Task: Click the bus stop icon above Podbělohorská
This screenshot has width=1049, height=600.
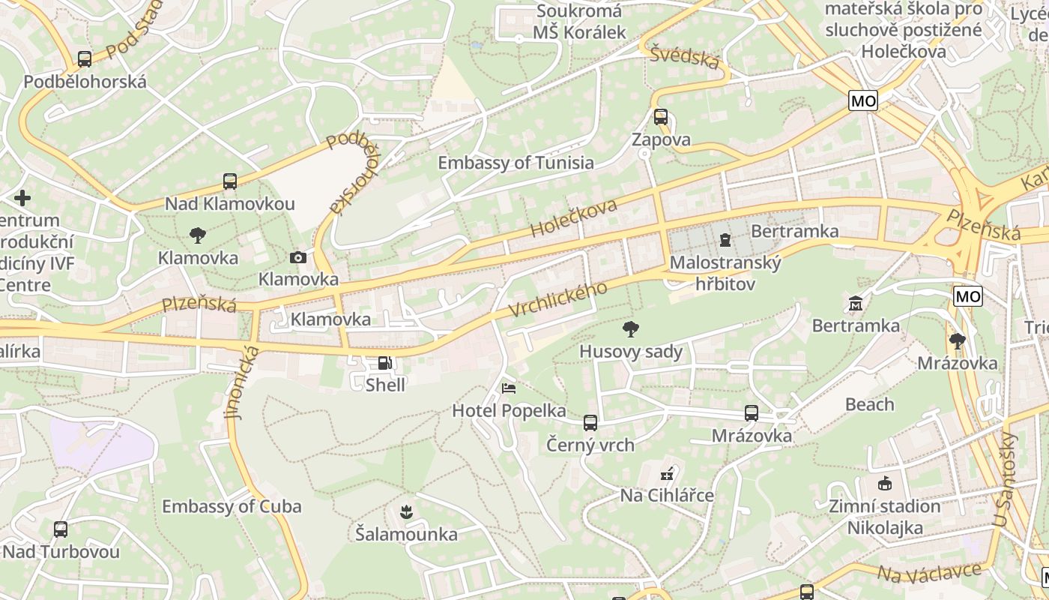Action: point(85,59)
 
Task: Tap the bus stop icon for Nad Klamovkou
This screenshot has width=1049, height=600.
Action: point(230,181)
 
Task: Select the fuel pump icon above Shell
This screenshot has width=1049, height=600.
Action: point(384,363)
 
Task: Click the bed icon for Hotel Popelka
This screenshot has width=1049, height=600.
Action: point(509,388)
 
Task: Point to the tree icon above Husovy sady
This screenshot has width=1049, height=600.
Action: point(631,328)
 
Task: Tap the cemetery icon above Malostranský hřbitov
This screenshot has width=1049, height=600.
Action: point(725,240)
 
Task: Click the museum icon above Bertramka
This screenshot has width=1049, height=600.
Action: point(856,304)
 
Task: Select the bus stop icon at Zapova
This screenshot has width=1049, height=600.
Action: point(660,117)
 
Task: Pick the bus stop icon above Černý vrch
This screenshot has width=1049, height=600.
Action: point(590,423)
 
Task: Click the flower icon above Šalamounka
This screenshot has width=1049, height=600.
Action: point(406,512)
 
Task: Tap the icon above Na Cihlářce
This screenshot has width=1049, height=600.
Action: point(667,473)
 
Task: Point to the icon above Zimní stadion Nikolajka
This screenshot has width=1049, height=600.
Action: point(884,484)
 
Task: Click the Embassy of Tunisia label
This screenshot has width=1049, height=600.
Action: point(516,163)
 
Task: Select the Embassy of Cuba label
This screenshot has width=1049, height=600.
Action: point(232,506)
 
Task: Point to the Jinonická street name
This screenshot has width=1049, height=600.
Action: point(243,382)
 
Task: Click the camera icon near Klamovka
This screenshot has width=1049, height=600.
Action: point(298,258)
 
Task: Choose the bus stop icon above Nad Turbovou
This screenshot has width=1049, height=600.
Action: point(61,529)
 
